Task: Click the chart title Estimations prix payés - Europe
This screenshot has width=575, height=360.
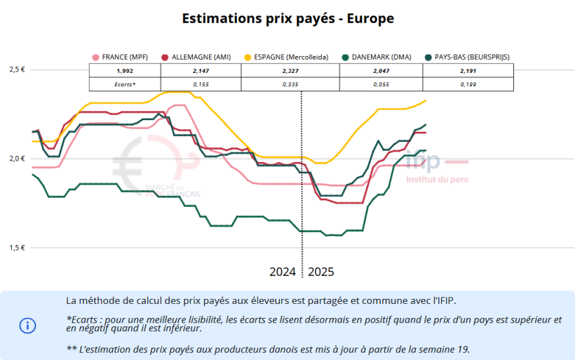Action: (287, 19)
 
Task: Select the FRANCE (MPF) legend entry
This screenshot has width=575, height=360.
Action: (123, 57)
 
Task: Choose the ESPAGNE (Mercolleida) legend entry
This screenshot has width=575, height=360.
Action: (285, 57)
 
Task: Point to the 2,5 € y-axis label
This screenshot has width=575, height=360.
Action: (18, 69)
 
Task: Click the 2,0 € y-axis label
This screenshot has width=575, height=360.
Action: (18, 159)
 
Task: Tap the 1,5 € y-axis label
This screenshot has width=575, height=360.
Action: (18, 248)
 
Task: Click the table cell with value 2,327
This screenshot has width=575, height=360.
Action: (290, 71)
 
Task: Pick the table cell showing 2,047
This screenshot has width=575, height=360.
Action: (381, 71)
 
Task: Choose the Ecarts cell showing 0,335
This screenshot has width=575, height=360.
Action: (290, 84)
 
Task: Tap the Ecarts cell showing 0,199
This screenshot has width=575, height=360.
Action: (468, 84)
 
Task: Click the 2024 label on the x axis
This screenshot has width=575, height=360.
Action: (283, 272)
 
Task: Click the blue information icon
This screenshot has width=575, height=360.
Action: (27, 325)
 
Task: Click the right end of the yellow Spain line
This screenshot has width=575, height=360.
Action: (426, 101)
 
